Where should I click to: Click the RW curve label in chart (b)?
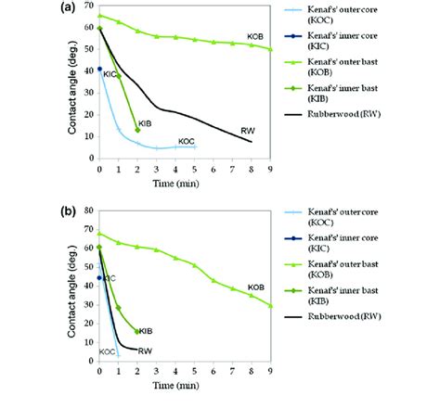(x=144, y=351)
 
